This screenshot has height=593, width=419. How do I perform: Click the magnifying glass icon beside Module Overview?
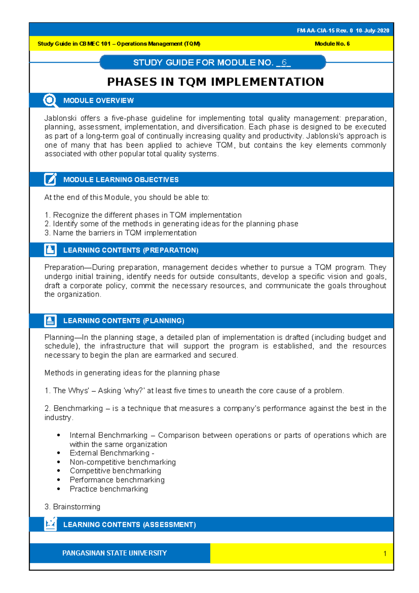tap(50, 100)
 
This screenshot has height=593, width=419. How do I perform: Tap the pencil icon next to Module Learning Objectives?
tap(50, 179)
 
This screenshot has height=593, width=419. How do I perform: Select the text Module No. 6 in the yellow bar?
tap(332, 44)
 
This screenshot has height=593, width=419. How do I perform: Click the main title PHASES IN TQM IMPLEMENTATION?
tap(215, 82)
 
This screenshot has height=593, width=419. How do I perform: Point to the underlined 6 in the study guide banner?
tap(284, 63)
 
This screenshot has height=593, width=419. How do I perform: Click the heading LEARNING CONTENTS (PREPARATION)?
tap(131, 250)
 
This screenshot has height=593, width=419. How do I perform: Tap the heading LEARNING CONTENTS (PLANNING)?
tap(124, 321)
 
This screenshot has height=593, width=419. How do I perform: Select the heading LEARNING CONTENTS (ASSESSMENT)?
tap(129, 524)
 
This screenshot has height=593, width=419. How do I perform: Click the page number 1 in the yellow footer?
tap(384, 553)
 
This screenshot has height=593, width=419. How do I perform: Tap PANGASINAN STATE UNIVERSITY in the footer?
tap(114, 553)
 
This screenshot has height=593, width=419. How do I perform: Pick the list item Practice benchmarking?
tap(109, 489)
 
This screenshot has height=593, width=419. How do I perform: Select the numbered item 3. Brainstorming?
tap(72, 507)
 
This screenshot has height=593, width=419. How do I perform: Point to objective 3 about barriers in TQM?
tap(120, 233)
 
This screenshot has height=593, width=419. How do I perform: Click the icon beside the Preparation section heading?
tap(50, 250)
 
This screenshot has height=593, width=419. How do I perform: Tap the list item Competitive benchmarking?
tap(115, 471)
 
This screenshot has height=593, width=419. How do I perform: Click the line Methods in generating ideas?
tap(132, 373)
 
